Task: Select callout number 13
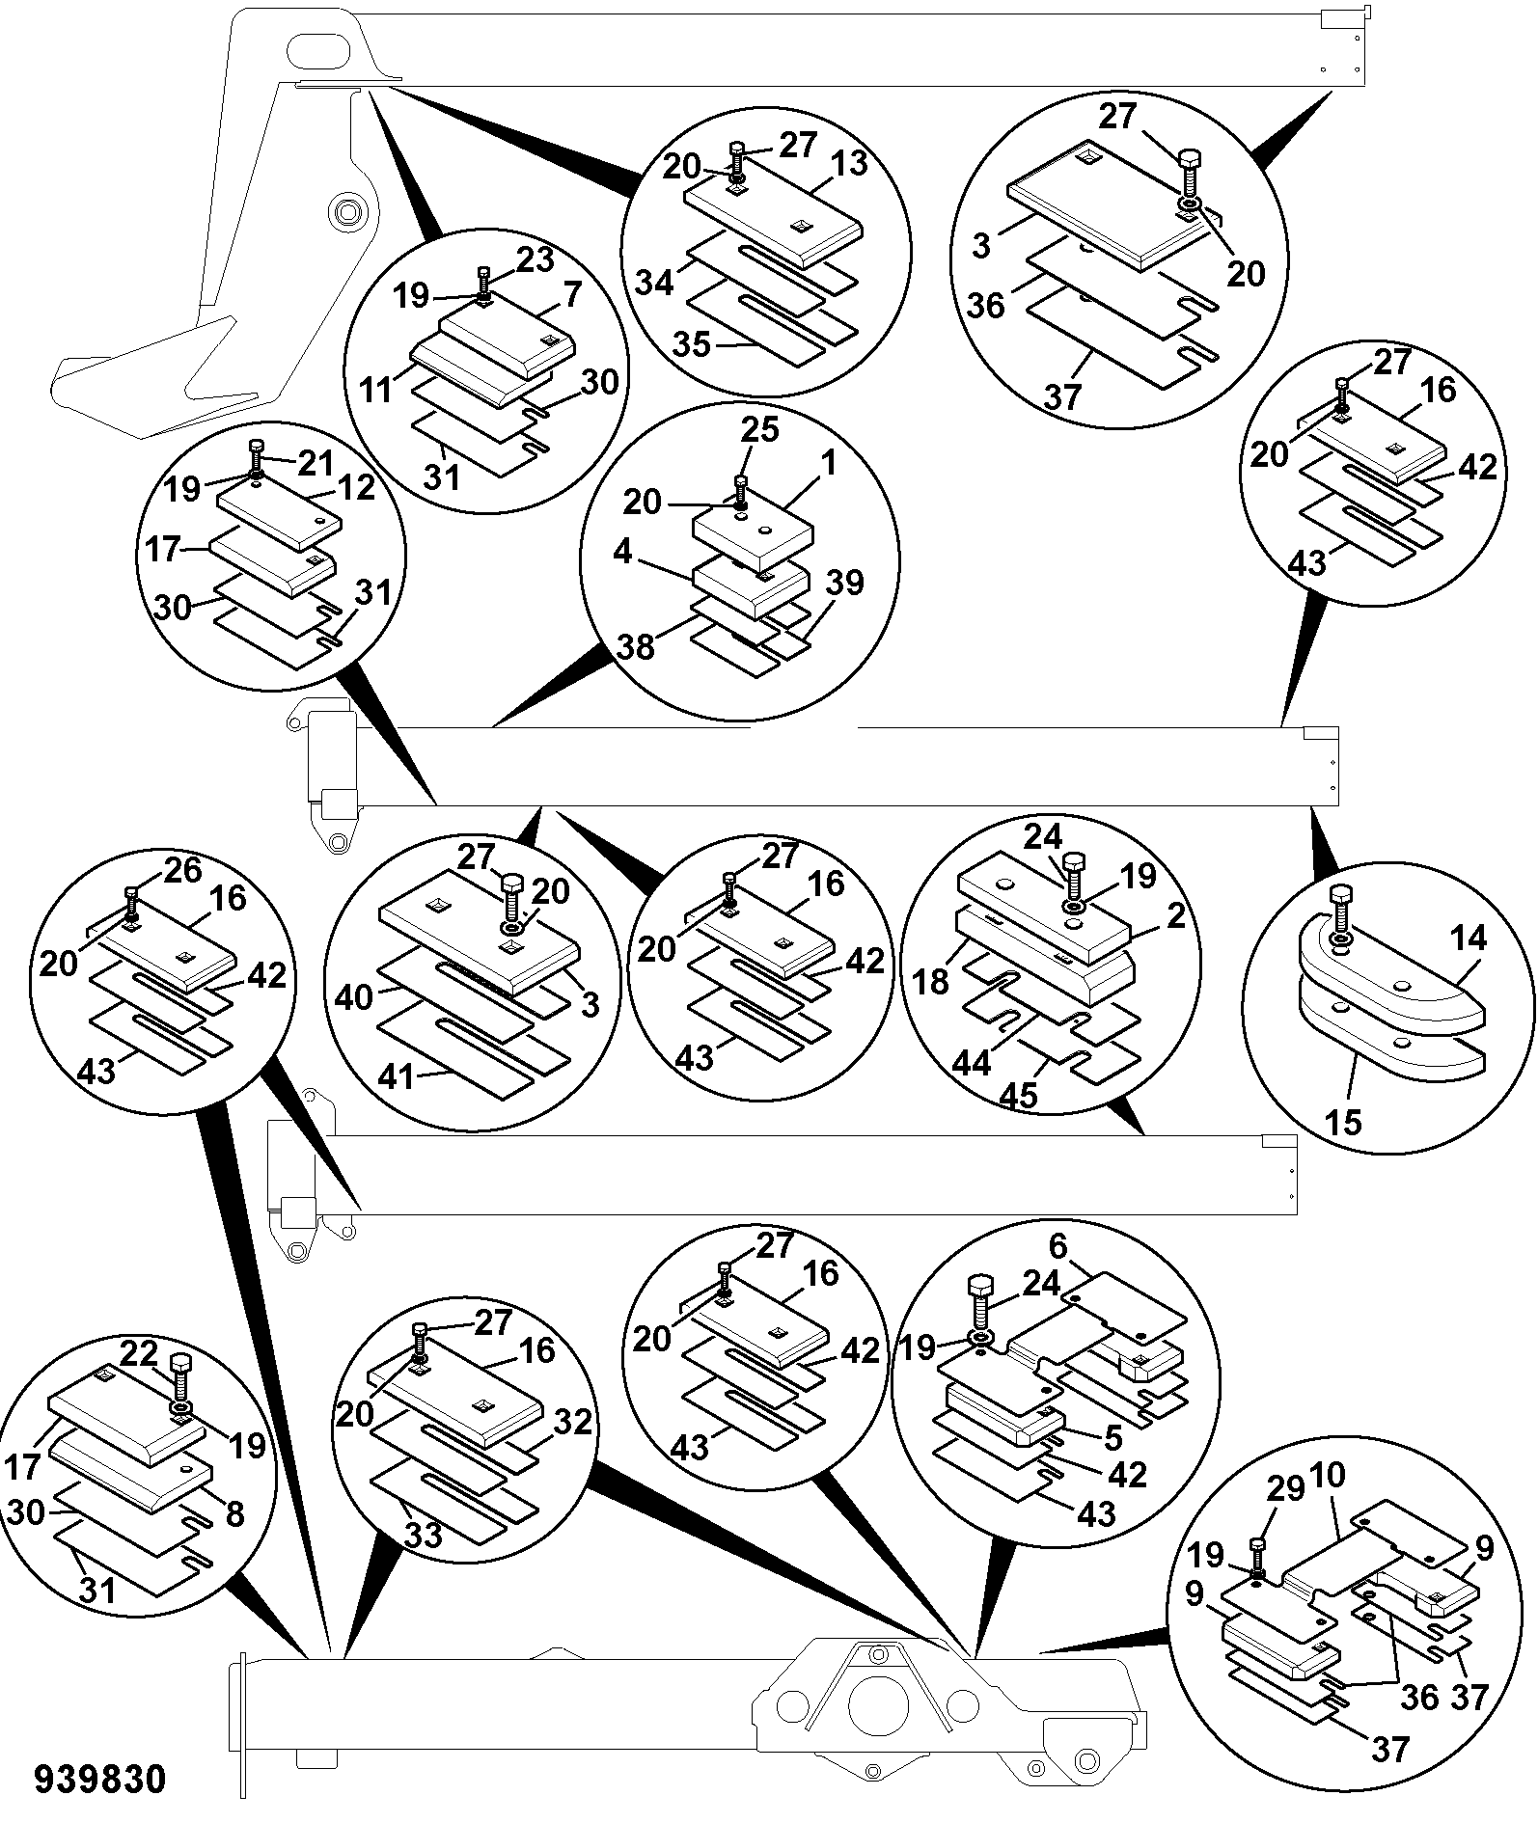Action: (848, 164)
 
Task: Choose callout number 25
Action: (759, 429)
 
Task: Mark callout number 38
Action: (637, 647)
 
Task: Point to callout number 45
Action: (1017, 1095)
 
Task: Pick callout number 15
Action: (1343, 1122)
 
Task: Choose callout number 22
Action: (139, 1355)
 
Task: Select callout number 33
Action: (422, 1534)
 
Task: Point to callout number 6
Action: (1058, 1247)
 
